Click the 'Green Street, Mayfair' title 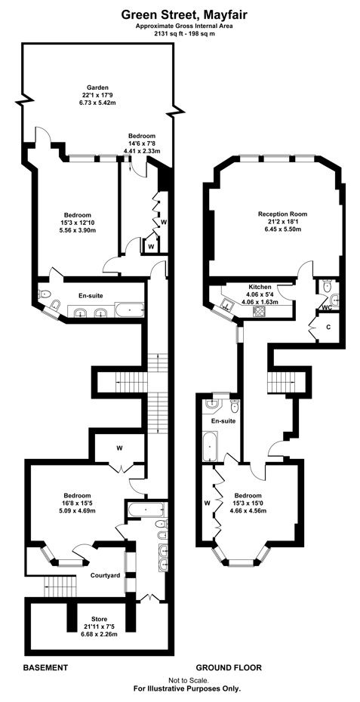tap(184, 16)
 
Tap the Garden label tap(98, 88)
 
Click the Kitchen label tap(260, 287)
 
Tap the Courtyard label tap(105, 575)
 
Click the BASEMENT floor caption tap(45, 667)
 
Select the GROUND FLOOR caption tap(229, 667)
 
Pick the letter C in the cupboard tap(328, 328)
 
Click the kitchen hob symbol tap(260, 312)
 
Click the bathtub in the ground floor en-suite tap(210, 446)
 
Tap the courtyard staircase tap(61, 587)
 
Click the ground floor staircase tap(282, 381)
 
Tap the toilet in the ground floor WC tap(328, 285)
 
